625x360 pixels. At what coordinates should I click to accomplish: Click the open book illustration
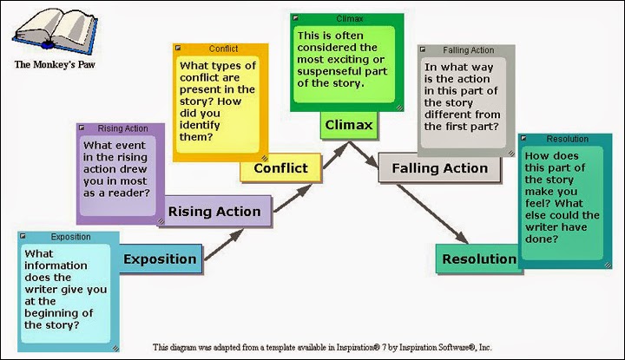[55, 31]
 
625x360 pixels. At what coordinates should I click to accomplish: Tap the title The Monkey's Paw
[55, 64]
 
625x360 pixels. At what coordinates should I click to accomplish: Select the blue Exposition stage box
[161, 259]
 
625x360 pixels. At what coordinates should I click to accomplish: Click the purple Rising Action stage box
[214, 211]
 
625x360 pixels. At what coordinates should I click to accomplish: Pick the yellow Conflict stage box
[280, 167]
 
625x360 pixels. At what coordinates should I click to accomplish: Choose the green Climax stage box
[349, 125]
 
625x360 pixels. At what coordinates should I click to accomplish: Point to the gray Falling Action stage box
[439, 168]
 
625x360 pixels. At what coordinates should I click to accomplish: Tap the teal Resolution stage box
[479, 259]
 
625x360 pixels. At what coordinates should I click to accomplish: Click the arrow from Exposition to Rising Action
[224, 245]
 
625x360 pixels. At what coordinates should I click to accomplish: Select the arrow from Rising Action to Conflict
[293, 198]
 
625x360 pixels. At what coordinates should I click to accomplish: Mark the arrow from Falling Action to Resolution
[432, 214]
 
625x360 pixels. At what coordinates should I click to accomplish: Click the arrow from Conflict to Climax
[336, 155]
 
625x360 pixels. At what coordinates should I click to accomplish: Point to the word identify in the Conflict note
[200, 126]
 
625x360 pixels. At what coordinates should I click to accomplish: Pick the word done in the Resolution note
[542, 239]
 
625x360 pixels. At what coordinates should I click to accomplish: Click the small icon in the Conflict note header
[178, 49]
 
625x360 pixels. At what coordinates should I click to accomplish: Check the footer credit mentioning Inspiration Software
[322, 347]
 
